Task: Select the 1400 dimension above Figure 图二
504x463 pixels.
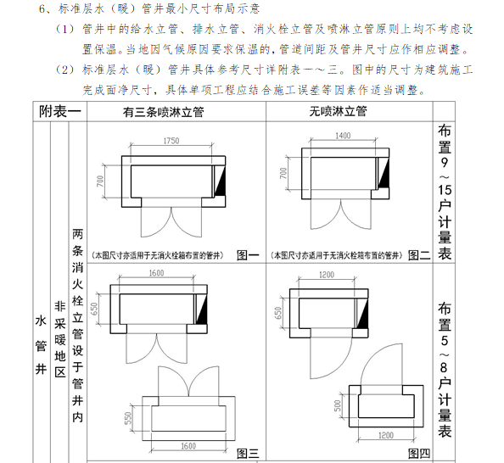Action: click(343, 136)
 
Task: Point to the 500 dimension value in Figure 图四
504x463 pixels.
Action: click(338, 407)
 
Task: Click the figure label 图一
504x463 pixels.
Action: click(247, 254)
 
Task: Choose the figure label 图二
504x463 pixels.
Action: click(418, 254)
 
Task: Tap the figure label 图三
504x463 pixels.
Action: click(247, 453)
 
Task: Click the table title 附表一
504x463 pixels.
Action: click(59, 111)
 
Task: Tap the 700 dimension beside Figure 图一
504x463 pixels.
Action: click(99, 181)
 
